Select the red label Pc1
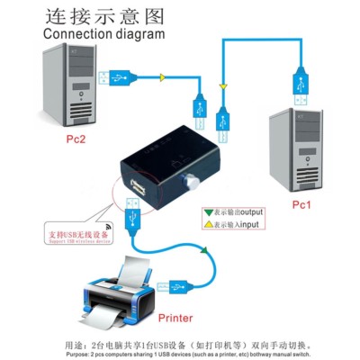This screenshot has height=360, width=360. tap(302, 205)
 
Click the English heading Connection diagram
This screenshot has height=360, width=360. tap(104, 33)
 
